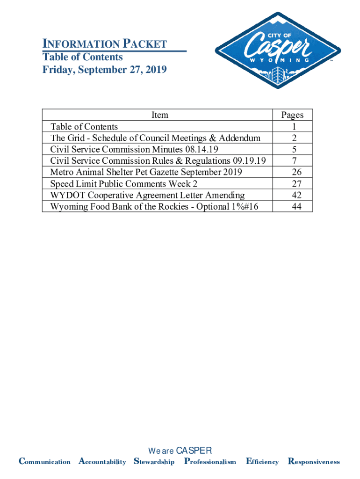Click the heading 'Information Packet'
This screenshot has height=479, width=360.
tap(105, 44)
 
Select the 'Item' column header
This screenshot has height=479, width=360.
tap(160, 115)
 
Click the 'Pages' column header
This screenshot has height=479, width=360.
tap(292, 115)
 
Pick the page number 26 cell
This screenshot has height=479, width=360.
tap(292, 172)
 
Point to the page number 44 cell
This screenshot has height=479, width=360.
tap(292, 206)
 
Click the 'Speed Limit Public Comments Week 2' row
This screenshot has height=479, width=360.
tap(121, 183)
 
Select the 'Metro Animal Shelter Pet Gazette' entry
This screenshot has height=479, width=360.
tap(146, 172)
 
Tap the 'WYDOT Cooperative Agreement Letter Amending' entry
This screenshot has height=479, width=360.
tap(147, 195)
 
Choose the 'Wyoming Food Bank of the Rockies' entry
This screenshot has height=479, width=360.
tap(154, 206)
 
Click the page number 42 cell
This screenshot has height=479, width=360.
tap(292, 195)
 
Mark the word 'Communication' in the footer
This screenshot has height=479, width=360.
tap(44, 462)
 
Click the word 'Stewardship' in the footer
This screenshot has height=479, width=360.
tap(154, 462)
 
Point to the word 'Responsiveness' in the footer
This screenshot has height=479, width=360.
tap(314, 462)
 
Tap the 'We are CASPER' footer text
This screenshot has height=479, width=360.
tap(180, 451)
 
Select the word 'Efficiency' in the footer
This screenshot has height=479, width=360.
tap(262, 462)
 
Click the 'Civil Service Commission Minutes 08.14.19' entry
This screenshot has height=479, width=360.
tap(134, 149)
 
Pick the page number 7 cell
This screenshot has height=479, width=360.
tap(292, 160)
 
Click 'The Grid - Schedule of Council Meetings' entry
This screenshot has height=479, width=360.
tap(155, 138)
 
